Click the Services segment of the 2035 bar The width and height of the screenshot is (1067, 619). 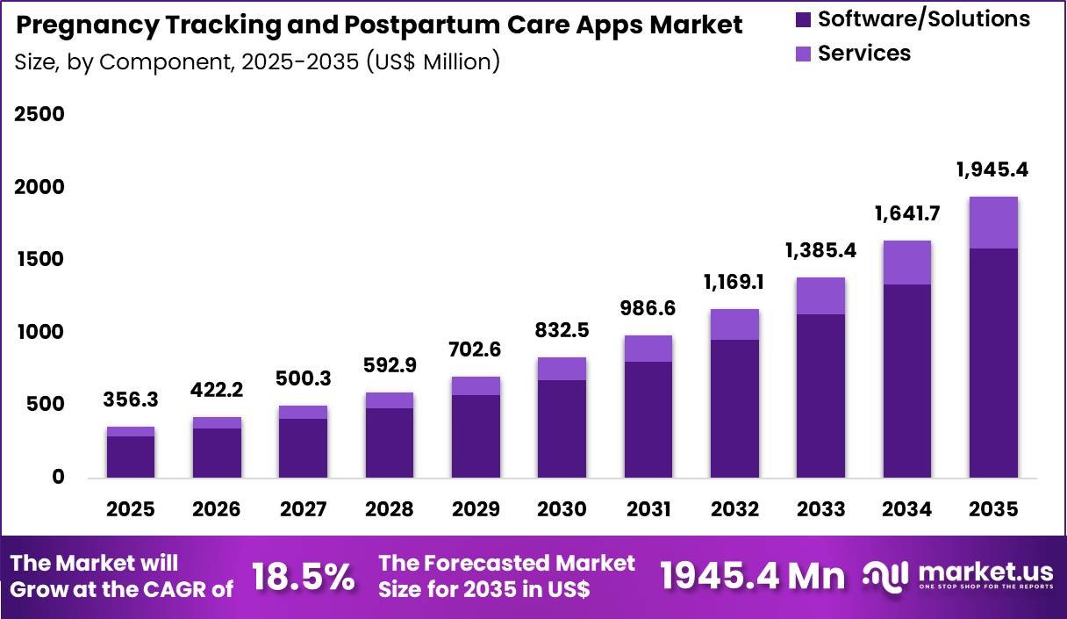993,223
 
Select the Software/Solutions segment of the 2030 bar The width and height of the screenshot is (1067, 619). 562,428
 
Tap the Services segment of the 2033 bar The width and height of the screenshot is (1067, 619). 820,296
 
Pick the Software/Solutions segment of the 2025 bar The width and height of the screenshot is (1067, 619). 131,457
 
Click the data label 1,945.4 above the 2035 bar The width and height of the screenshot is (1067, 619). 993,169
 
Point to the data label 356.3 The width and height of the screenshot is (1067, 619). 131,399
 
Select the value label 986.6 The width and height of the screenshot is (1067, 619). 648,308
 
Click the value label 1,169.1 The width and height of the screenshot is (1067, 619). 734,282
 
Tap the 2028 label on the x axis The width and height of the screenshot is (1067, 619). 390,509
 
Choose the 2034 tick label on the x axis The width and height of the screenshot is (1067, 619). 907,509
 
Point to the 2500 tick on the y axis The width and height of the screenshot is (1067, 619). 39,115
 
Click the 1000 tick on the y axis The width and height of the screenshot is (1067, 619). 39,332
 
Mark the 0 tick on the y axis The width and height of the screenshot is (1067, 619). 57,477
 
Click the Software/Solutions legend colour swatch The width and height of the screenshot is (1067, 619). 803,18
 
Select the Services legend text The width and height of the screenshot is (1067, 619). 864,53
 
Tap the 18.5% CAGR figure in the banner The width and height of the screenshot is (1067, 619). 303,577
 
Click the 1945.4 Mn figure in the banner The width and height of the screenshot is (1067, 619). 752,576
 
